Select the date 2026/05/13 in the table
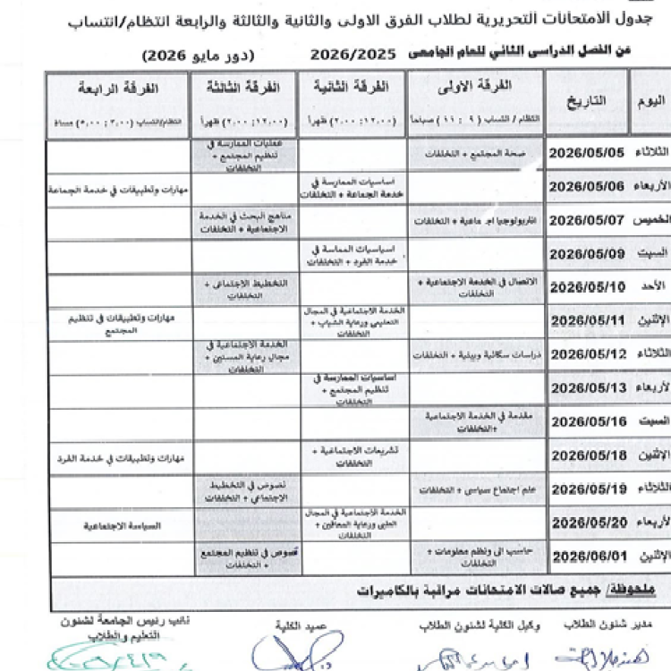(588, 387)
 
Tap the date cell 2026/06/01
(588, 556)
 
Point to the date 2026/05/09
(588, 253)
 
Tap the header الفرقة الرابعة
(119, 89)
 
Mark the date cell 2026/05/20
(588, 522)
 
